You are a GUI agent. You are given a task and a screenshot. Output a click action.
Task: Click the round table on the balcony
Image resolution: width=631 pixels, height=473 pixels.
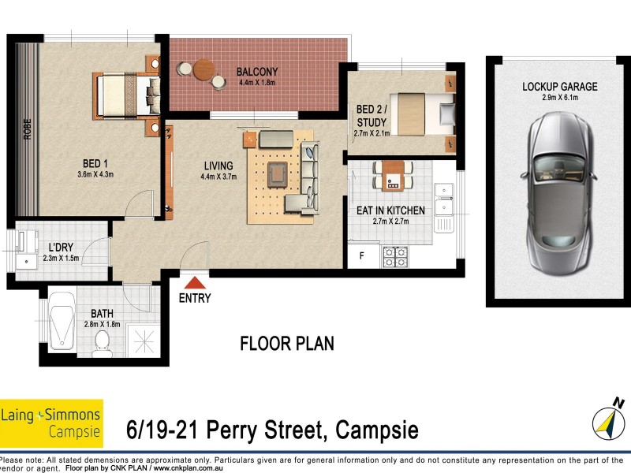[204, 69]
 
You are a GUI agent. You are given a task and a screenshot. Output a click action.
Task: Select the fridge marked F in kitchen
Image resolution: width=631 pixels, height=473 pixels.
[362, 256]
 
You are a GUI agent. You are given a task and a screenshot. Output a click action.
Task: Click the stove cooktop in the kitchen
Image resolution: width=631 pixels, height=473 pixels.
[394, 256]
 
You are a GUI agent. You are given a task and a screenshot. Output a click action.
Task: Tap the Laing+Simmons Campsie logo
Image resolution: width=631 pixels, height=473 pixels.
[51, 423]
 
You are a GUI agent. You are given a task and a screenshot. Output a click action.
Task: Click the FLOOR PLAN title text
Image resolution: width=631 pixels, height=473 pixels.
[286, 344]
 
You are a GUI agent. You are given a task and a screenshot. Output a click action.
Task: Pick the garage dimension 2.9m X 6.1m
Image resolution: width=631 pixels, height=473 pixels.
[559, 98]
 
